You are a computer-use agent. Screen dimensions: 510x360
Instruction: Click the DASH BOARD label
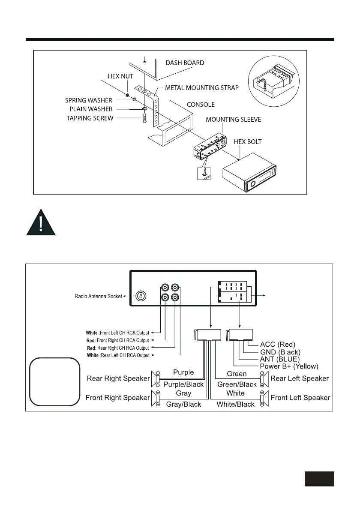tap(185, 63)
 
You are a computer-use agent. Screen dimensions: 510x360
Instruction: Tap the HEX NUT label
tap(120, 76)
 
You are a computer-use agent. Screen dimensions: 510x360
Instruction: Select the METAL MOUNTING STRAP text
tap(202, 88)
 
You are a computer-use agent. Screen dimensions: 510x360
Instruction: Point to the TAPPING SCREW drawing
tap(144, 117)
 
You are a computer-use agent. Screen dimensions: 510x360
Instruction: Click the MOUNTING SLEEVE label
tap(233, 120)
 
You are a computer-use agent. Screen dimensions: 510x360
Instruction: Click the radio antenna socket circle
tap(141, 296)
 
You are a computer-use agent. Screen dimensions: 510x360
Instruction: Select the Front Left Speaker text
tap(300, 398)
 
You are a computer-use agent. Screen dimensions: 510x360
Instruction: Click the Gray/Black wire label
tap(183, 404)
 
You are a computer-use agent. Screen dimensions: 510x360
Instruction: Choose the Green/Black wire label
tap(237, 384)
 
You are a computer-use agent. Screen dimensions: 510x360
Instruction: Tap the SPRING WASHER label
tap(89, 100)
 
